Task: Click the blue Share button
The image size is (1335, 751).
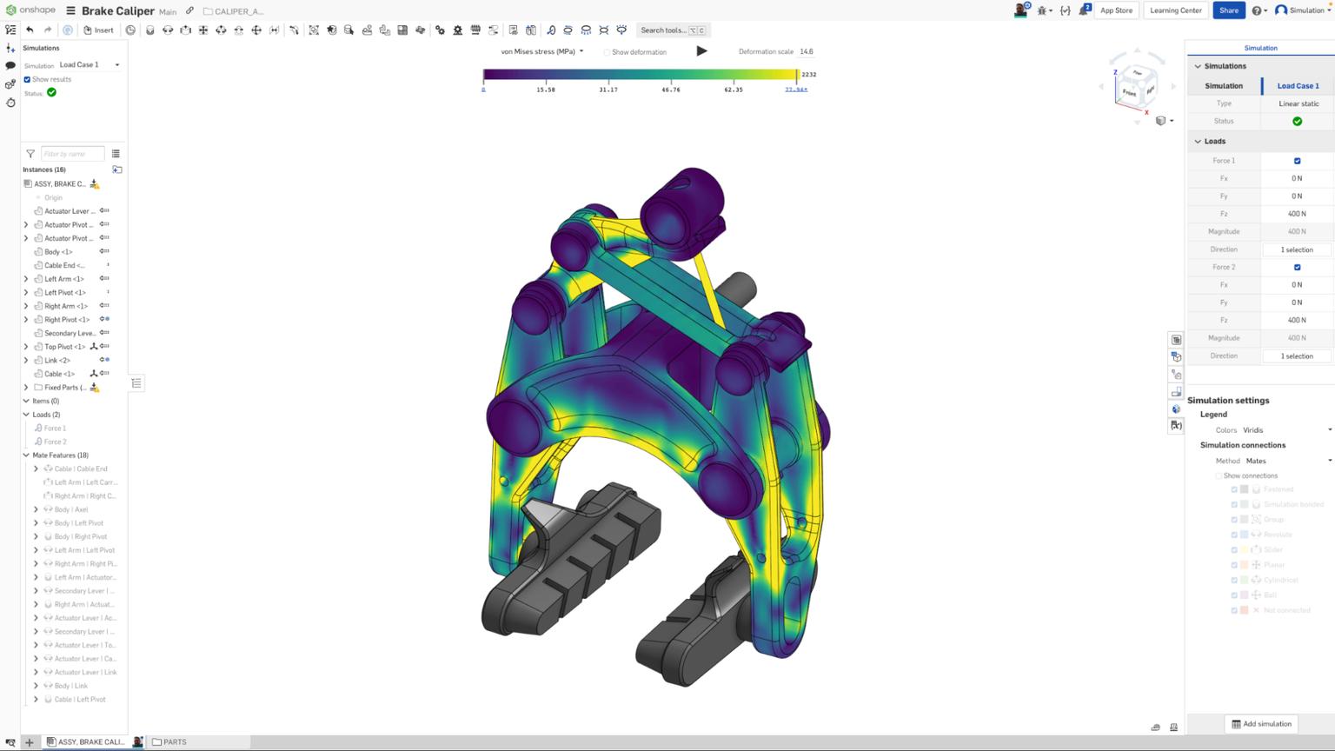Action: pyautogui.click(x=1228, y=10)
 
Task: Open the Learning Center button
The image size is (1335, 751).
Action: pyautogui.click(x=1175, y=10)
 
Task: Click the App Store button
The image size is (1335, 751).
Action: pyautogui.click(x=1116, y=10)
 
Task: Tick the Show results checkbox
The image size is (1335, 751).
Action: pyautogui.click(x=27, y=79)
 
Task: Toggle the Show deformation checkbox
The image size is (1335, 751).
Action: pyautogui.click(x=607, y=52)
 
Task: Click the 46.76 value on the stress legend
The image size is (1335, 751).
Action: pyautogui.click(x=670, y=90)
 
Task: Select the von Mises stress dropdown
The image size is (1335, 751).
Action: pyautogui.click(x=541, y=51)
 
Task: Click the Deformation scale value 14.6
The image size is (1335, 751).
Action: pyautogui.click(x=807, y=51)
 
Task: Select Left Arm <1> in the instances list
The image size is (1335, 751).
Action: pyautogui.click(x=64, y=279)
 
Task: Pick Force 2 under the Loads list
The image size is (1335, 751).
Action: pyautogui.click(x=55, y=442)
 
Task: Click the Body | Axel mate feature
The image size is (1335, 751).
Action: pyautogui.click(x=71, y=509)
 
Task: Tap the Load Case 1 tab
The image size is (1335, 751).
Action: pyautogui.click(x=1298, y=85)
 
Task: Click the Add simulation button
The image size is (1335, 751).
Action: pyautogui.click(x=1261, y=724)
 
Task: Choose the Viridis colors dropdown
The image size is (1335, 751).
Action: pyautogui.click(x=1286, y=430)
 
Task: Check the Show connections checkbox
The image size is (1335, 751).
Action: pyautogui.click(x=1219, y=476)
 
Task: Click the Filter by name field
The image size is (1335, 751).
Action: pyautogui.click(x=72, y=154)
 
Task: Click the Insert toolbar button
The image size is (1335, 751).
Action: pyautogui.click(x=98, y=30)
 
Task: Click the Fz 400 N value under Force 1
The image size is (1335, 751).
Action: pyautogui.click(x=1297, y=214)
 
